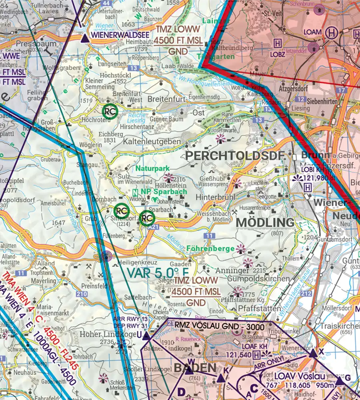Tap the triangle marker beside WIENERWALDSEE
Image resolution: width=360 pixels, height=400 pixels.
click(84, 39)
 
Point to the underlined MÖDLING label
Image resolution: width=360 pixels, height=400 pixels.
click(265, 222)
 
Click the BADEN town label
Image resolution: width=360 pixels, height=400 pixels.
click(195, 368)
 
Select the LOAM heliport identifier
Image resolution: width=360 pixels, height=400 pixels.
click(312, 32)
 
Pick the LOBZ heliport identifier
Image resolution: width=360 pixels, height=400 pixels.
click(279, 53)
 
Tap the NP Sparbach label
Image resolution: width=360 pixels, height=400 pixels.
click(163, 192)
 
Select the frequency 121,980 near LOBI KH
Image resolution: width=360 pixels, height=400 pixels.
click(316, 178)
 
